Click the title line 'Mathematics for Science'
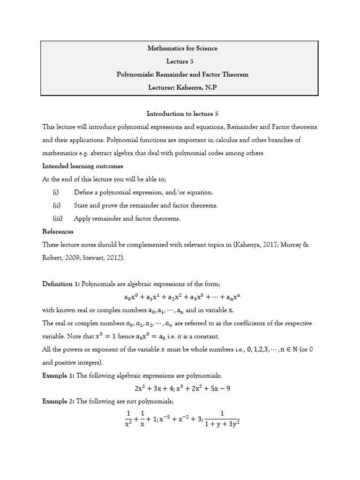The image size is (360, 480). click(182, 48)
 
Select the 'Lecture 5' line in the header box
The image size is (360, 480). click(182, 61)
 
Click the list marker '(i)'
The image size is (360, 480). click(56, 192)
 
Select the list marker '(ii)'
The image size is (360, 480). click(56, 205)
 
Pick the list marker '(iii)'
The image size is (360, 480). click(57, 218)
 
